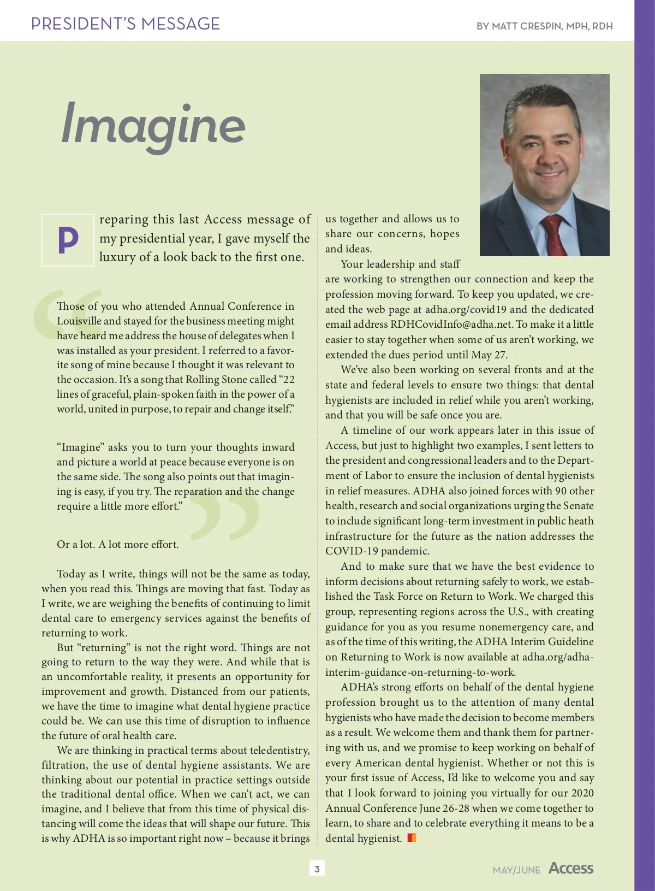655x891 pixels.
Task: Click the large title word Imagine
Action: click(x=153, y=125)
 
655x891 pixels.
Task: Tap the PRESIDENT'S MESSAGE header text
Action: click(x=126, y=24)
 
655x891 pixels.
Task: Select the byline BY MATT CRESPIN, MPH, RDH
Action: click(x=544, y=26)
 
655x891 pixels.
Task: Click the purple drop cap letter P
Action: click(x=68, y=239)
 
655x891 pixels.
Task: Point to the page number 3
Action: click(x=317, y=868)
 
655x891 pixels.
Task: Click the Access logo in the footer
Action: click(x=571, y=868)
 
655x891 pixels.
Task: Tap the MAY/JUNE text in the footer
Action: click(x=516, y=870)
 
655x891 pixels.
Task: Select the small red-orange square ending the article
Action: click(x=412, y=837)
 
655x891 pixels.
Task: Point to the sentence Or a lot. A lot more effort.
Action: click(x=118, y=545)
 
